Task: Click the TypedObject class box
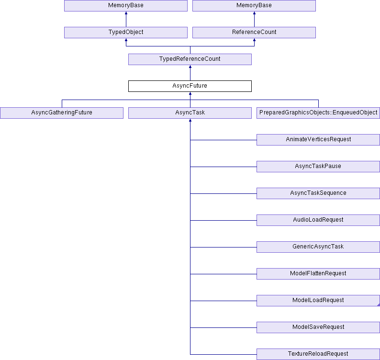pos(126,33)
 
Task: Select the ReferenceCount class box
pos(254,33)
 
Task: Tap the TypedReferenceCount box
pos(190,59)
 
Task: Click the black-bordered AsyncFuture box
pos(190,86)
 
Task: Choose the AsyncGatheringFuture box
pos(62,113)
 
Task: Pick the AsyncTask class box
pos(190,113)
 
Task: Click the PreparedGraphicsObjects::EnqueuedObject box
pos(318,113)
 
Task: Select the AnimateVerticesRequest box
pos(318,140)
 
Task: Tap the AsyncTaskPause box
pos(318,167)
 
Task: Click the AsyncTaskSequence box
pos(318,193)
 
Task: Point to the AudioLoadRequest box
pos(318,220)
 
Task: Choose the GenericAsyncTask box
pos(318,247)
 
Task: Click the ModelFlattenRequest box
pos(318,274)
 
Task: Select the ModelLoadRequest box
pos(318,301)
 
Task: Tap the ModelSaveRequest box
pos(318,327)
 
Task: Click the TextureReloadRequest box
pos(318,354)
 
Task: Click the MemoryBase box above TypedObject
pos(126,6)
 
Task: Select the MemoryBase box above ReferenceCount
pos(254,6)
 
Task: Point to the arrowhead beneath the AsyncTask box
pos(190,120)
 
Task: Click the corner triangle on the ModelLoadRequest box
pos(379,305)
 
